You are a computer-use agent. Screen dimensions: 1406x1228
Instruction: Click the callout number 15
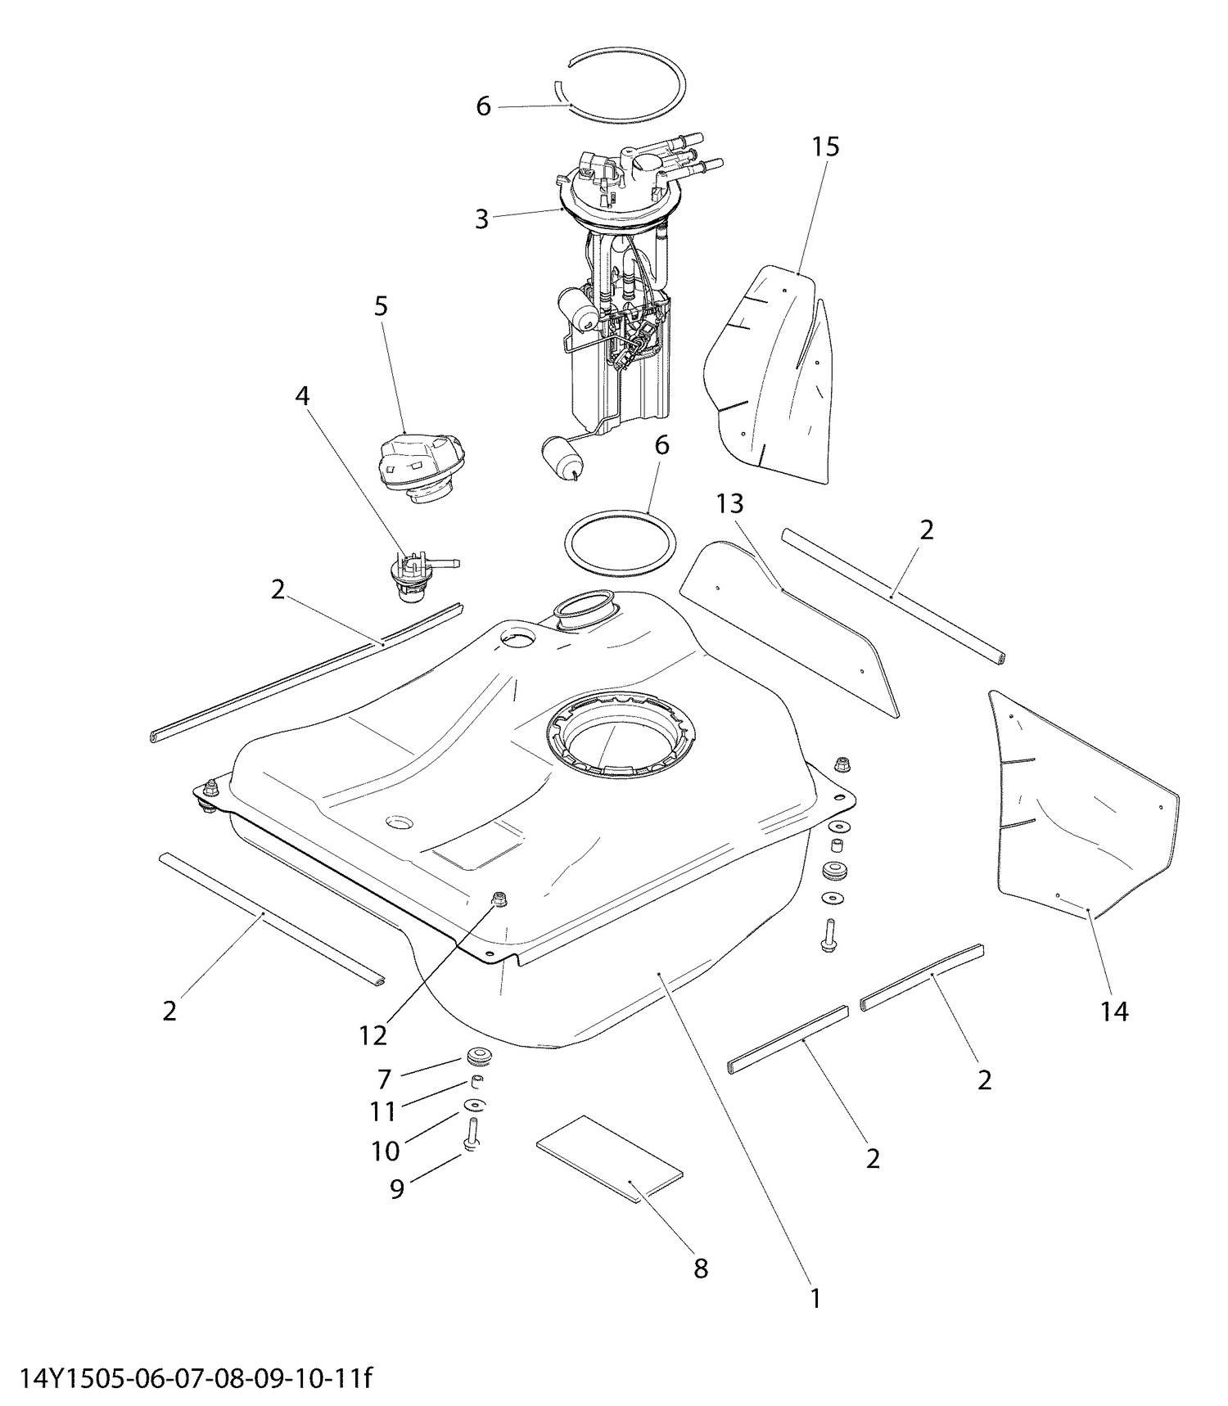click(x=826, y=147)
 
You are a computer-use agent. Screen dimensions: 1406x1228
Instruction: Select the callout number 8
click(x=701, y=1269)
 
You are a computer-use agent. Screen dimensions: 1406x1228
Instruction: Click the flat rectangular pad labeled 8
click(x=610, y=1158)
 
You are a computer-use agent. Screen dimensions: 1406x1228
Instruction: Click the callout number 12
click(x=372, y=1035)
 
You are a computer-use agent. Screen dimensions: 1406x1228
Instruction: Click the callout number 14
click(x=1114, y=1012)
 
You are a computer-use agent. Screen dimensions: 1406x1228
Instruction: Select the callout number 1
click(x=815, y=1299)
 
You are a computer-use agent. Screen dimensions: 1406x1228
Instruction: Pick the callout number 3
click(x=481, y=219)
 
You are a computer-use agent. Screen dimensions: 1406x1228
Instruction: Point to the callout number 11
click(x=382, y=1111)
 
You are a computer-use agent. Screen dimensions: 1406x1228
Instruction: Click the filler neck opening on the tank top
click(x=583, y=613)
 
